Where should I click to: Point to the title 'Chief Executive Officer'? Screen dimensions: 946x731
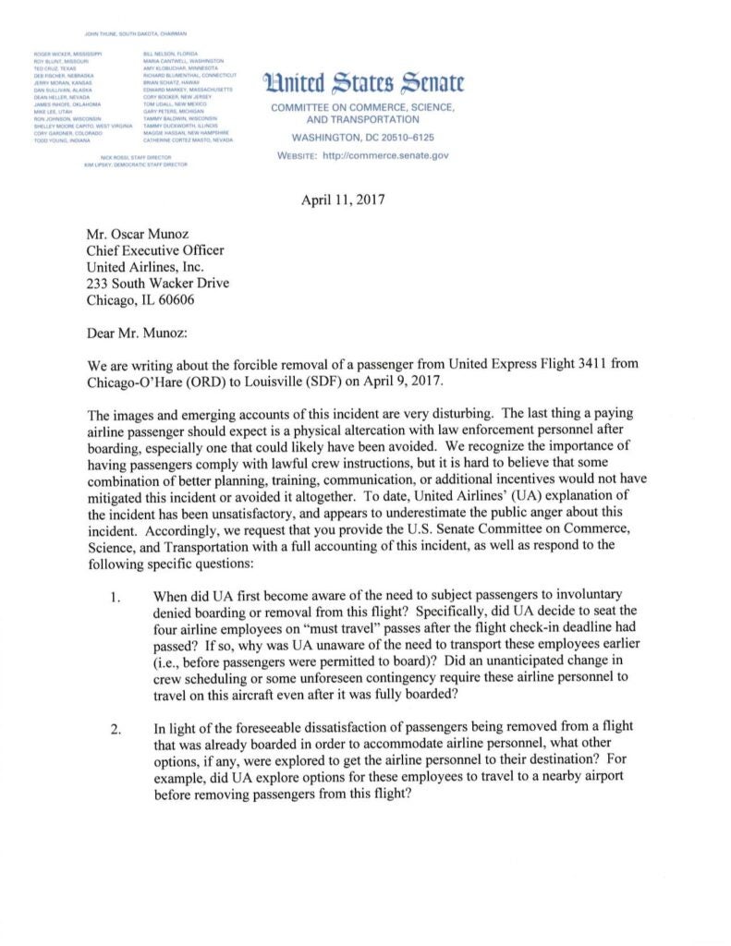pos(155,250)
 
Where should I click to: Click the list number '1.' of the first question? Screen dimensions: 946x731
pos(115,596)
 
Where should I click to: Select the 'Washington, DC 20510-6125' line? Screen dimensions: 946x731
pos(363,139)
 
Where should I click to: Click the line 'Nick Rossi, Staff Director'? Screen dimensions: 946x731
pos(136,157)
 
